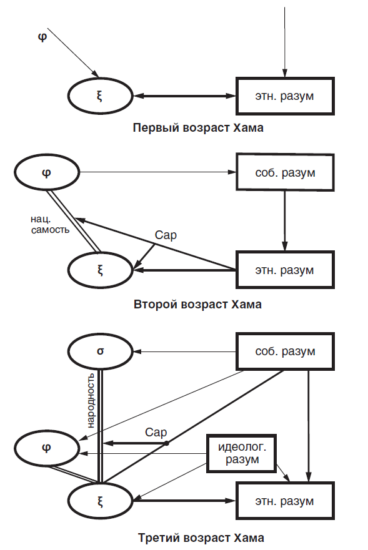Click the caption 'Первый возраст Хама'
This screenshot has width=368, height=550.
pyautogui.click(x=198, y=128)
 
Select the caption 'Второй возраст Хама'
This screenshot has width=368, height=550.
pyautogui.click(x=197, y=304)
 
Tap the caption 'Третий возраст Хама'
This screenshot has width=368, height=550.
pyautogui.click(x=201, y=538)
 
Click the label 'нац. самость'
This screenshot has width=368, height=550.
pyautogui.click(x=50, y=225)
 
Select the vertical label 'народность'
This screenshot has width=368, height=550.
pyautogui.click(x=90, y=400)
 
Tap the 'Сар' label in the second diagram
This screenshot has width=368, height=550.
pyautogui.click(x=166, y=235)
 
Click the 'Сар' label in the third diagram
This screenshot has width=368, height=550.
pyautogui.click(x=156, y=432)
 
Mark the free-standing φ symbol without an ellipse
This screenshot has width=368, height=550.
pyautogui.click(x=42, y=37)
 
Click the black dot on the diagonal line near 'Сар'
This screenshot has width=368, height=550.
pyautogui.click(x=167, y=443)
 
